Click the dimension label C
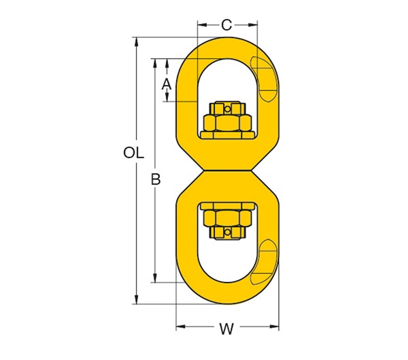pyautogui.click(x=227, y=25)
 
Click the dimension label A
pyautogui.click(x=165, y=84)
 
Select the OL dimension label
pyautogui.click(x=134, y=154)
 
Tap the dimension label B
pyautogui.click(x=156, y=179)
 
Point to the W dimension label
pyautogui.click(x=226, y=329)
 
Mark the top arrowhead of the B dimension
pyautogui.click(x=156, y=62)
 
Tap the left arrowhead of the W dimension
pyautogui.click(x=180, y=328)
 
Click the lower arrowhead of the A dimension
pyautogui.click(x=166, y=98)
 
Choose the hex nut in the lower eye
pyautogui.click(x=228, y=217)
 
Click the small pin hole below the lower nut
pyautogui.click(x=228, y=234)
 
